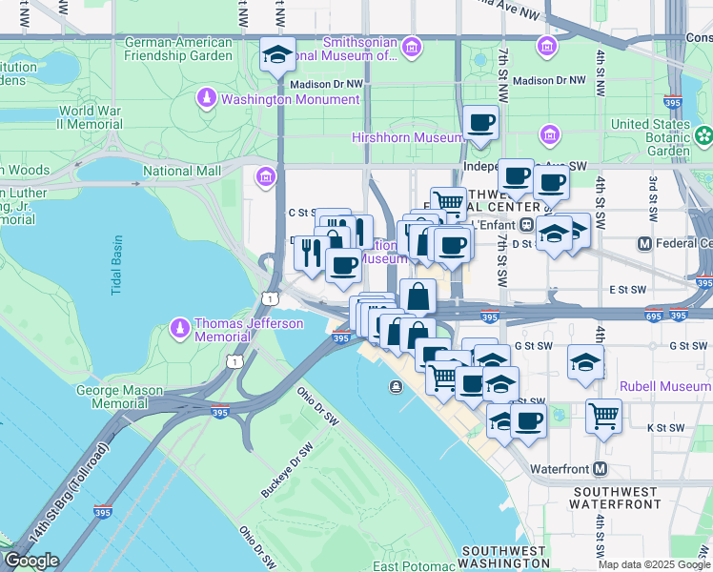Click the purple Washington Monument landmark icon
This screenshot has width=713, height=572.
tap(207, 98)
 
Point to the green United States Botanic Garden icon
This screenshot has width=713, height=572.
tap(703, 137)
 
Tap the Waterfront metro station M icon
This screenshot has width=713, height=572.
tap(601, 469)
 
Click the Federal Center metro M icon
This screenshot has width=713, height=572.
tap(644, 244)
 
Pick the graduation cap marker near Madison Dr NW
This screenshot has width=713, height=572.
tap(277, 54)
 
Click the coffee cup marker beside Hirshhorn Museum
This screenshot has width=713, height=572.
tap(481, 123)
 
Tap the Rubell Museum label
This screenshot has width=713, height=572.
tap(664, 386)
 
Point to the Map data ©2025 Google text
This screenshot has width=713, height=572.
tap(654, 564)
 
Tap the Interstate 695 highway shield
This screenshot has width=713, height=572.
tap(651, 316)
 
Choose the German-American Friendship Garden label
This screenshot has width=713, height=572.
tap(178, 49)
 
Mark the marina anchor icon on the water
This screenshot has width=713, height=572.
tap(395, 386)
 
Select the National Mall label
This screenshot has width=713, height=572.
tap(181, 172)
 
